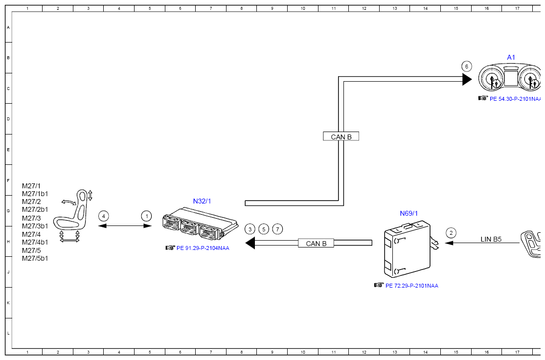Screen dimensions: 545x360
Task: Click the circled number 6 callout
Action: click(x=466, y=67)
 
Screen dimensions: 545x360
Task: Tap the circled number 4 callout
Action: click(x=104, y=216)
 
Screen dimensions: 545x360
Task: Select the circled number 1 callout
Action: click(x=147, y=216)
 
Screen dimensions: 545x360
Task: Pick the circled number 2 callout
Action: click(x=451, y=233)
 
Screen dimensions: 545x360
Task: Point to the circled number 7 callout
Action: click(x=277, y=229)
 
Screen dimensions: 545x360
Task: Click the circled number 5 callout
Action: click(x=264, y=229)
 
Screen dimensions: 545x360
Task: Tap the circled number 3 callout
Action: click(x=250, y=229)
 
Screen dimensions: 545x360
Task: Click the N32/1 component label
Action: click(x=202, y=201)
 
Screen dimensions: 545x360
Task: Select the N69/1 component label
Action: click(x=409, y=213)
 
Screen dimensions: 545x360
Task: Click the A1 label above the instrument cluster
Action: click(x=511, y=57)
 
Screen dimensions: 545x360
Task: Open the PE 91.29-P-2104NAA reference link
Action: click(x=203, y=248)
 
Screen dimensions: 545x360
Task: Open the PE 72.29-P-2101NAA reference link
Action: click(x=412, y=286)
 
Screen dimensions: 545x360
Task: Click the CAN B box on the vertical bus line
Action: click(x=341, y=136)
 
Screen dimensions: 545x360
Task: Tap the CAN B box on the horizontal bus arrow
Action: click(x=316, y=243)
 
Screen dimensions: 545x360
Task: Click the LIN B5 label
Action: click(x=491, y=239)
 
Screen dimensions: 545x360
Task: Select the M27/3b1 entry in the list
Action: click(x=35, y=226)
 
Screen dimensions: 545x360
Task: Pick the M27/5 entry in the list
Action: click(x=31, y=250)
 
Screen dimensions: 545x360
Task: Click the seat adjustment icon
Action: click(x=73, y=215)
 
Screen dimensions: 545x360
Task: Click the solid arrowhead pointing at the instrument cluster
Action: click(x=467, y=80)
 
